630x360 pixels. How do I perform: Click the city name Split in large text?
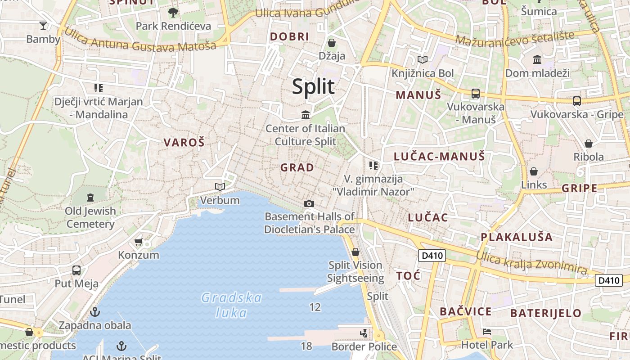(313, 86)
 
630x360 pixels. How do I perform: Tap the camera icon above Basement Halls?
(309, 203)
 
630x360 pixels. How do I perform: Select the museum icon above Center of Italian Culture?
(306, 115)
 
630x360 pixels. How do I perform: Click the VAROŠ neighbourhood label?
(184, 143)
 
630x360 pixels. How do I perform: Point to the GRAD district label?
(297, 167)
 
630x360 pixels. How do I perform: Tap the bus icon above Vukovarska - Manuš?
(475, 94)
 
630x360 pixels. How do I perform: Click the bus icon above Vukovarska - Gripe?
(576, 101)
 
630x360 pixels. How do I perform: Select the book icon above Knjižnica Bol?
(422, 59)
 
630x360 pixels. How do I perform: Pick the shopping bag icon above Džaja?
(332, 43)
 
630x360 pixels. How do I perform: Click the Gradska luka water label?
(231, 305)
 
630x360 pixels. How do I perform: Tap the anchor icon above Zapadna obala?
(95, 311)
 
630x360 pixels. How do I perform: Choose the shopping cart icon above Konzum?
(139, 242)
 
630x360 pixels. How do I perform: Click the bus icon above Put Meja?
(76, 270)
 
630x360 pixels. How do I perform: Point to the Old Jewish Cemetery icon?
(90, 197)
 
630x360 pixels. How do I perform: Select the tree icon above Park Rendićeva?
(173, 12)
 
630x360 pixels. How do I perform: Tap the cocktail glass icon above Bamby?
(43, 25)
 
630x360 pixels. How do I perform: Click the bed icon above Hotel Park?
(486, 332)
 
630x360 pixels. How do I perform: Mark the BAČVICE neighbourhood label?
(465, 311)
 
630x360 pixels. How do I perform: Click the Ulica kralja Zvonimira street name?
(532, 263)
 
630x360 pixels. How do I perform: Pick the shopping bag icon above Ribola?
(588, 144)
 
